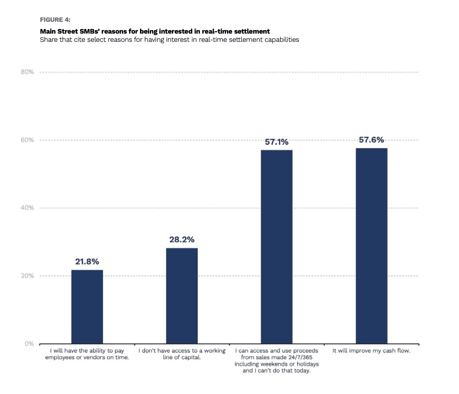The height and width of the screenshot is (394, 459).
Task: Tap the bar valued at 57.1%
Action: tap(276, 247)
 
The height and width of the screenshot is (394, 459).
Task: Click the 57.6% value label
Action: tap(371, 140)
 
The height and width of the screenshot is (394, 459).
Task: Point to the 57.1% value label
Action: tap(276, 142)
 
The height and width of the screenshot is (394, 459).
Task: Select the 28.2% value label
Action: tap(182, 240)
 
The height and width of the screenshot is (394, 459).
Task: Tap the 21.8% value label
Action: tap(87, 262)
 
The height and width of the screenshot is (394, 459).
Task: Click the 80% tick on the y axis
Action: tap(27, 72)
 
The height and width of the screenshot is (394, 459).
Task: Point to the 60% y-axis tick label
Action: tap(27, 140)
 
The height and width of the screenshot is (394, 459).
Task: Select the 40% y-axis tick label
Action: tap(27, 208)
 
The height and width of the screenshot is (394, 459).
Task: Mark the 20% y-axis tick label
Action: tap(27, 276)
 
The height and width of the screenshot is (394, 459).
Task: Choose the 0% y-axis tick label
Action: tap(29, 344)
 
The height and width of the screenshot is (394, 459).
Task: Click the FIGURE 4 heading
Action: tap(55, 20)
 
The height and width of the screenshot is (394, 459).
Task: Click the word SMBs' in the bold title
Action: tap(90, 31)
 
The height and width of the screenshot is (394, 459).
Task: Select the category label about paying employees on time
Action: tap(87, 354)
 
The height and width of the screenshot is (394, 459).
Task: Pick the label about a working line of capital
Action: tap(182, 354)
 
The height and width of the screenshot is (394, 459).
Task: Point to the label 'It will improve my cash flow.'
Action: tap(371, 351)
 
